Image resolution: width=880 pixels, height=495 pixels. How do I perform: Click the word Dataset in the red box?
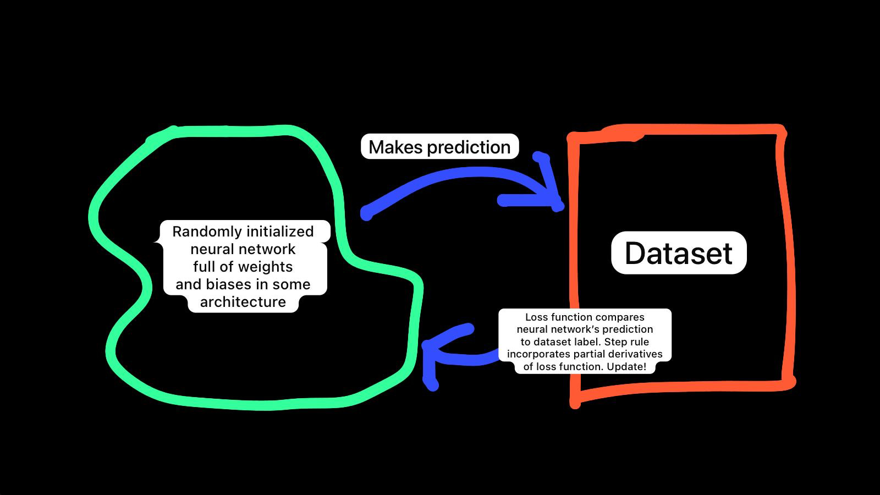[x=679, y=253]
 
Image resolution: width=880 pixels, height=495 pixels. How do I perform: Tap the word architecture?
[x=243, y=302]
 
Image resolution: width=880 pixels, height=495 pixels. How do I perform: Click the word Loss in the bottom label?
[x=536, y=317]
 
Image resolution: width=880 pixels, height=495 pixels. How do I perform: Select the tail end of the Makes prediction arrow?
[x=367, y=213]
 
